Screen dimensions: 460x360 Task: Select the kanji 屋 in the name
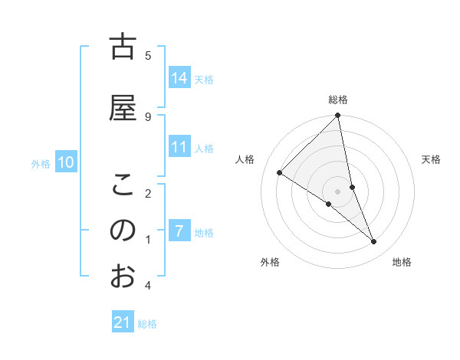point(123,107)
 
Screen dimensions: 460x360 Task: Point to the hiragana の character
point(123,230)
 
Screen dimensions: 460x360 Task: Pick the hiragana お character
point(123,276)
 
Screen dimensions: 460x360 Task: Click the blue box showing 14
point(179,78)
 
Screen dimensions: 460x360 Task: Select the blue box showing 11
point(179,147)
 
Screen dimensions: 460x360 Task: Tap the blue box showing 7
point(179,231)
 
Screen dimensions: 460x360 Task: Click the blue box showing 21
point(123,322)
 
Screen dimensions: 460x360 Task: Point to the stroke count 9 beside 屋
point(148,116)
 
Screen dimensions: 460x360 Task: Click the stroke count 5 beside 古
point(148,55)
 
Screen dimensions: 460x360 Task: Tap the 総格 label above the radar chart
point(338,100)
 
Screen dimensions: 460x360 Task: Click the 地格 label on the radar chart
point(402,262)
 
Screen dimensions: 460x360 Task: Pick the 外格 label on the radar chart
point(270,262)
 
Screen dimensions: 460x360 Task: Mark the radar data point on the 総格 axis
point(338,116)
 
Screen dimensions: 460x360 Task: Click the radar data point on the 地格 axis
point(374,242)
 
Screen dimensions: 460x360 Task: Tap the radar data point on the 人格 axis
point(280,173)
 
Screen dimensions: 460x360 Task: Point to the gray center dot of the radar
point(338,191)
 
